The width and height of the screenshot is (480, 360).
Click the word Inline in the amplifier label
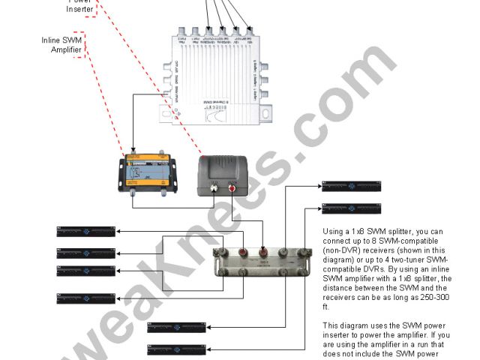click(x=49, y=40)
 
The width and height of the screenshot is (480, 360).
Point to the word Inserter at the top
click(x=79, y=9)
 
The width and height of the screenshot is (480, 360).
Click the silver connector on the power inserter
click(x=214, y=190)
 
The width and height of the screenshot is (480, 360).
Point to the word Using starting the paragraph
click(x=335, y=232)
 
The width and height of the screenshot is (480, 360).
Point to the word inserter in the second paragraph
click(x=338, y=336)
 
